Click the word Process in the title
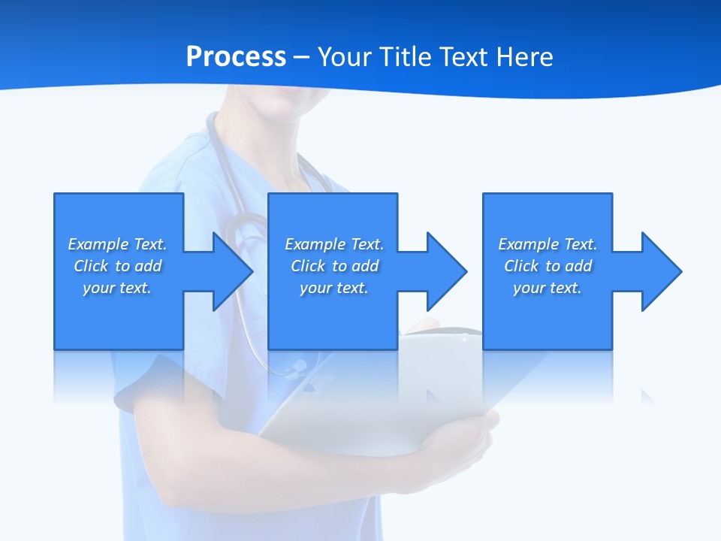pyautogui.click(x=236, y=57)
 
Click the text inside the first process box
pyautogui.click(x=117, y=266)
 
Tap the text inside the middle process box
pyautogui.click(x=334, y=266)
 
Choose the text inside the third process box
pyautogui.click(x=548, y=266)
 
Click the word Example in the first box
pyautogui.click(x=98, y=244)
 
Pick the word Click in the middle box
pyautogui.click(x=308, y=266)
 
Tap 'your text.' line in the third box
pyautogui.click(x=548, y=288)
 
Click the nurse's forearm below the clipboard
pyautogui.click(x=300, y=481)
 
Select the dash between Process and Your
pyautogui.click(x=302, y=57)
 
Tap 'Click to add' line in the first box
pyautogui.click(x=117, y=266)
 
